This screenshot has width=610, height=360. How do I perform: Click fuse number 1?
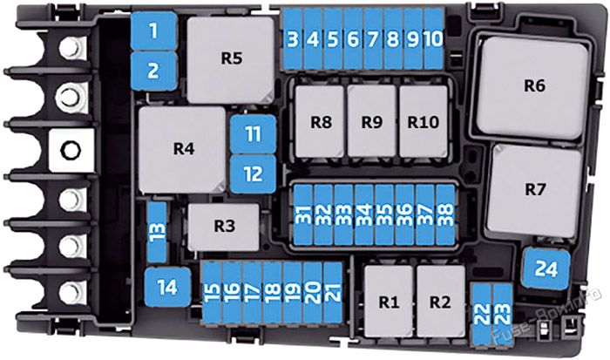(x=153, y=31)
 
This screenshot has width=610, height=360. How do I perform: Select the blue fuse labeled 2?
(x=153, y=71)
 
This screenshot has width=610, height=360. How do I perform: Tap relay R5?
(x=231, y=59)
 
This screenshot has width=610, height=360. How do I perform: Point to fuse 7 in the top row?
(x=373, y=39)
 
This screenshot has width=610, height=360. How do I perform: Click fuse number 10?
(x=433, y=39)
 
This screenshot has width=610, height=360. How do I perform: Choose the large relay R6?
(x=532, y=87)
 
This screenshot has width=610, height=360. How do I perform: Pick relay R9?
(x=372, y=121)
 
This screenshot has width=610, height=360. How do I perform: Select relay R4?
(x=182, y=149)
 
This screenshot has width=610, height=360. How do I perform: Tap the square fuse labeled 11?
(x=254, y=134)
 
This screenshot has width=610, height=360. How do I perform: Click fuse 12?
(x=254, y=174)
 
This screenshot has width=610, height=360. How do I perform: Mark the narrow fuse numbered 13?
(x=158, y=232)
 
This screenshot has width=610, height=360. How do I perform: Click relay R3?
(x=224, y=228)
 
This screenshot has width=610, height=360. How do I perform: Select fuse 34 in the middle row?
(x=364, y=214)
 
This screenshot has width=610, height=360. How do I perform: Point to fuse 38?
(x=445, y=214)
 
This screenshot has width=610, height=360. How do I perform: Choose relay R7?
(x=534, y=190)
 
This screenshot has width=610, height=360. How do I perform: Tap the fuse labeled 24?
(x=546, y=269)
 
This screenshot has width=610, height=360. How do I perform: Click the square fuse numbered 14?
(x=167, y=288)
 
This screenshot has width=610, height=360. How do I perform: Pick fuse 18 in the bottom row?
(x=272, y=293)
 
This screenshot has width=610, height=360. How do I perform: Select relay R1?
(x=389, y=302)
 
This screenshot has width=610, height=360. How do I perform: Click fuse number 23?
(x=502, y=314)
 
